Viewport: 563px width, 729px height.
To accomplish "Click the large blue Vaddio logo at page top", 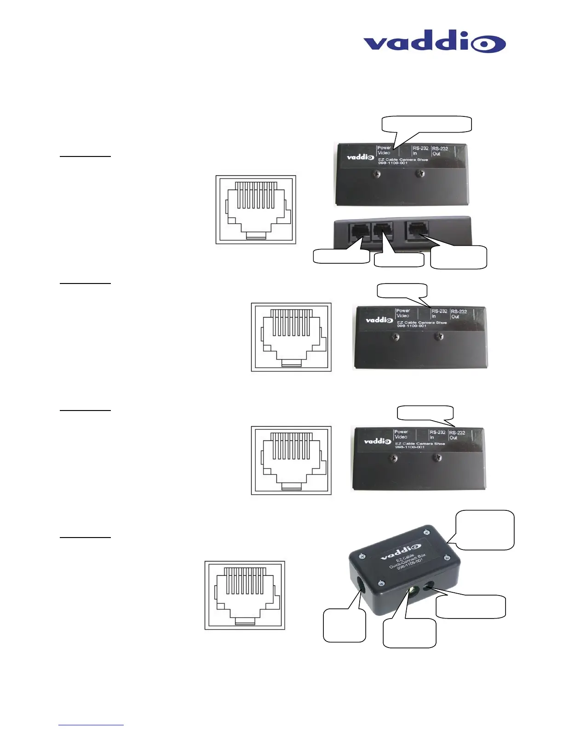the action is [434, 43].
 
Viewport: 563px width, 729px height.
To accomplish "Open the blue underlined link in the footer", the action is [91, 725].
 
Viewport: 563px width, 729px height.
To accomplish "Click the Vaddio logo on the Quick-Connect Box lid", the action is [400, 552].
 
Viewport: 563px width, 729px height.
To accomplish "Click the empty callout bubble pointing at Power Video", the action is [427, 124].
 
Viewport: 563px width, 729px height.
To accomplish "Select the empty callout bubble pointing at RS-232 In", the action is [402, 291].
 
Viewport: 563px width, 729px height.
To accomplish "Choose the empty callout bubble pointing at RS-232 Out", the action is [425, 412].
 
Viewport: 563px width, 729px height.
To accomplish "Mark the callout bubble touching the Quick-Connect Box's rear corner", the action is [485, 530].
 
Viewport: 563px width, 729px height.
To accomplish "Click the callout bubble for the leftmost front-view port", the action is [341, 256].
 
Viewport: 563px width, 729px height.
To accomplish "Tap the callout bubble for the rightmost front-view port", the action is [459, 257].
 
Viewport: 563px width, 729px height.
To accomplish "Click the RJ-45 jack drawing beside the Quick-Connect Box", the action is [245, 595].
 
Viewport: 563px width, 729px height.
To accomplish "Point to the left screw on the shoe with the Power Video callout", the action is [377, 174].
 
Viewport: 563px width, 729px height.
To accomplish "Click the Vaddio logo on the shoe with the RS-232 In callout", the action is [379, 319].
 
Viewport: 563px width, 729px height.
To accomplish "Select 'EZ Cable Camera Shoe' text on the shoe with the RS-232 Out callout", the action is [420, 444].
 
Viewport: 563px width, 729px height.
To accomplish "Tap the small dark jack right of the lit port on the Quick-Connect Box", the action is [431, 586].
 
